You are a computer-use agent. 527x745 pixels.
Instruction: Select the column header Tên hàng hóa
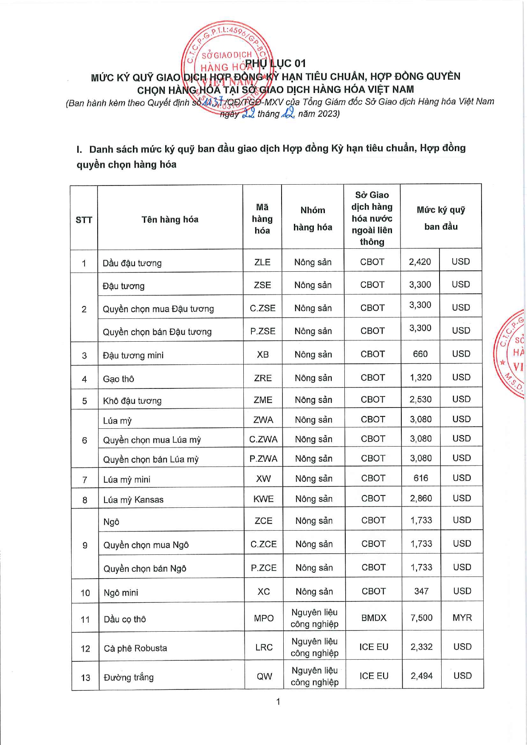(x=170, y=219)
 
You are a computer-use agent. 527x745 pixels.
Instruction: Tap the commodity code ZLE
(x=262, y=262)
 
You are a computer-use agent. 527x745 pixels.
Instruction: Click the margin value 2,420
(x=420, y=261)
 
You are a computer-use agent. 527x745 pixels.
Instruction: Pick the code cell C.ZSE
(x=262, y=308)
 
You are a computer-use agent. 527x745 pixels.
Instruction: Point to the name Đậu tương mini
(x=133, y=355)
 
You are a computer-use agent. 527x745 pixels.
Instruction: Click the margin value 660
(x=420, y=354)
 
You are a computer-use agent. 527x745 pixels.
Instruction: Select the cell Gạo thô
(x=118, y=379)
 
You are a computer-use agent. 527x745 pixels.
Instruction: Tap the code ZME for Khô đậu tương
(x=263, y=399)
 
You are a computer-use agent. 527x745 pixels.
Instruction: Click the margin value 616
(x=421, y=478)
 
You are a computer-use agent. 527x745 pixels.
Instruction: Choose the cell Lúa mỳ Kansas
(x=133, y=500)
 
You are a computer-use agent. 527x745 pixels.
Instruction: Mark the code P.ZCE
(x=264, y=568)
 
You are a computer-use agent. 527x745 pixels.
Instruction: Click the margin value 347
(x=421, y=591)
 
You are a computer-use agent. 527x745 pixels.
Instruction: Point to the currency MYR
(x=462, y=618)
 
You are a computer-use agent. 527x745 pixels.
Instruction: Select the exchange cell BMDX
(x=374, y=618)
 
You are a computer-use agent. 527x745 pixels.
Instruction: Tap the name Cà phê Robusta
(x=135, y=648)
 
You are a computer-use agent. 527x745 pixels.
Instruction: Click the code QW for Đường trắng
(x=264, y=676)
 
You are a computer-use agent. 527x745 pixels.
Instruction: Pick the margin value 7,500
(x=421, y=618)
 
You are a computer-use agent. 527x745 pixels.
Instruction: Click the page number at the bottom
(x=278, y=701)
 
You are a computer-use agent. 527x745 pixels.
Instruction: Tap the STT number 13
(x=85, y=678)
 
